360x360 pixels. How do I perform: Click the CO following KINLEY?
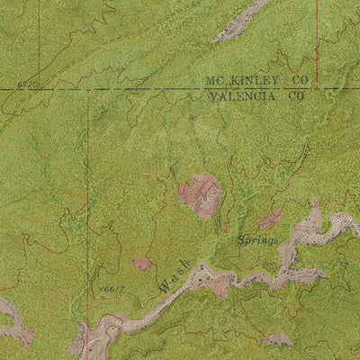(300, 80)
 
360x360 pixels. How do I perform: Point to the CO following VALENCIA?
(296, 94)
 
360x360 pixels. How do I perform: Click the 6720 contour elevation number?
(28, 85)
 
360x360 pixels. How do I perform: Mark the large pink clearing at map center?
(202, 194)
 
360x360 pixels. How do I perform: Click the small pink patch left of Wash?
(141, 264)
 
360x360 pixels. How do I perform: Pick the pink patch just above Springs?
(270, 219)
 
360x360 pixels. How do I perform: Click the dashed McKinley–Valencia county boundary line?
(135, 88)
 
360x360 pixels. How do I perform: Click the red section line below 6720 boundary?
(87, 180)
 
